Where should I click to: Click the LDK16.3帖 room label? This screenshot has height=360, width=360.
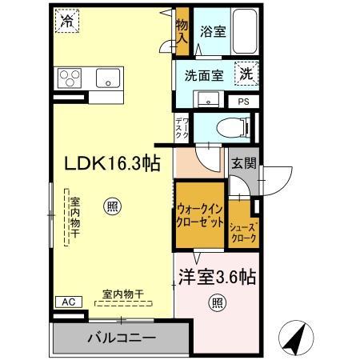tap(112, 163)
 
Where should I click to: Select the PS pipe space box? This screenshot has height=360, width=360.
tap(243, 102)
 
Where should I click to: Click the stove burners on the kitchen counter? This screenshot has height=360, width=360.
tap(67, 78)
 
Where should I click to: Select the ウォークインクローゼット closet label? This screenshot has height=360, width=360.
tap(200, 217)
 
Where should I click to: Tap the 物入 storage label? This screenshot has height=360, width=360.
tap(182, 31)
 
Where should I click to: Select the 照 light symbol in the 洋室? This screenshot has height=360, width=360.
tap(217, 302)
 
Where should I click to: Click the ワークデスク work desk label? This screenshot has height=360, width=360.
tap(182, 128)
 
